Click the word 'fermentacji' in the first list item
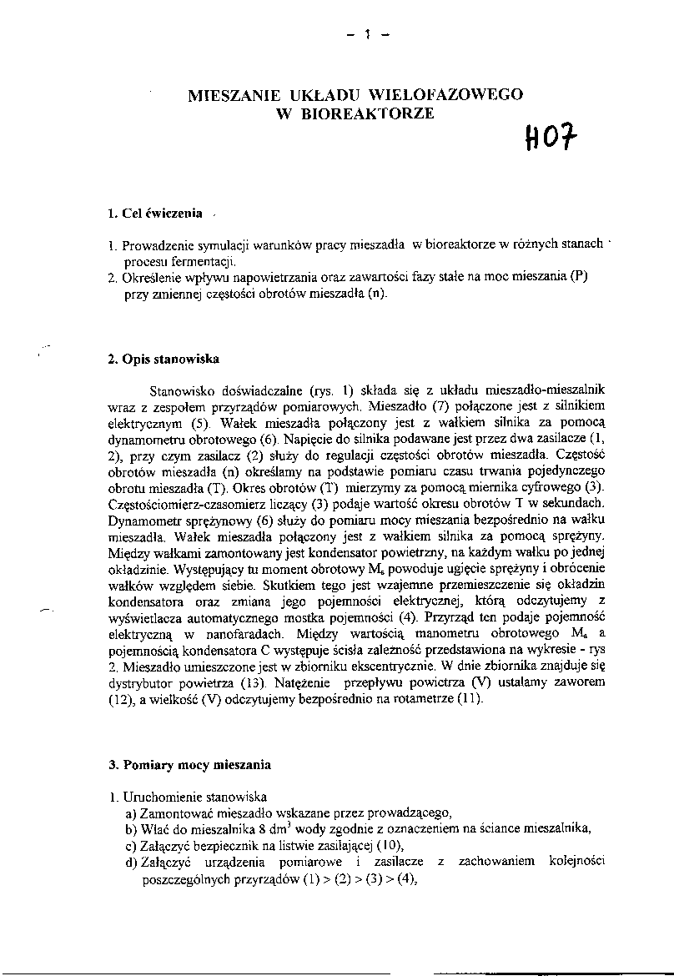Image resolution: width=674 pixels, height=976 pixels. point(194,261)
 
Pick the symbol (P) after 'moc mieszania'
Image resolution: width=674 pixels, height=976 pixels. point(580,278)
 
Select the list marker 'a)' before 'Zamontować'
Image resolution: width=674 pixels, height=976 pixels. point(131,812)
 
